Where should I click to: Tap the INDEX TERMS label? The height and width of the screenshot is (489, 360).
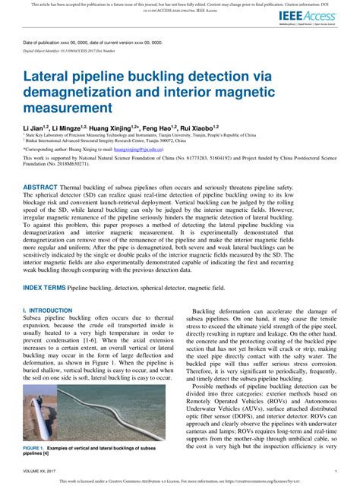coord(45,288)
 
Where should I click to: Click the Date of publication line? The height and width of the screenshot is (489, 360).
coord(99,42)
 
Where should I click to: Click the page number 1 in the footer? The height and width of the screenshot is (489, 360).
coord(335,472)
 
